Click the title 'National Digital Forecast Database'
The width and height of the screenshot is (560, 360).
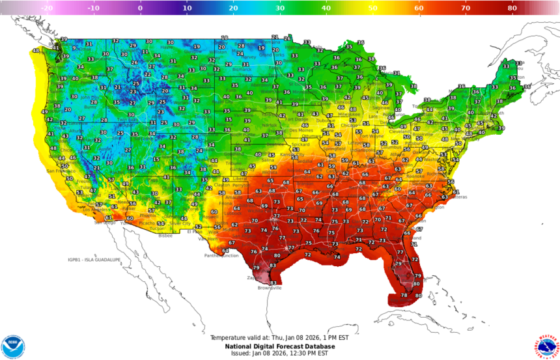point(281,346)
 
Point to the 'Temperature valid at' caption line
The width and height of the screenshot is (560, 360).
point(281,338)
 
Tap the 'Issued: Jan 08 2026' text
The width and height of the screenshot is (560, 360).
point(281,354)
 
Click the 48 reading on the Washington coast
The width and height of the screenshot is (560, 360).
point(36,51)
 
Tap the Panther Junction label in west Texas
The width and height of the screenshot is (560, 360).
point(221,255)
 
